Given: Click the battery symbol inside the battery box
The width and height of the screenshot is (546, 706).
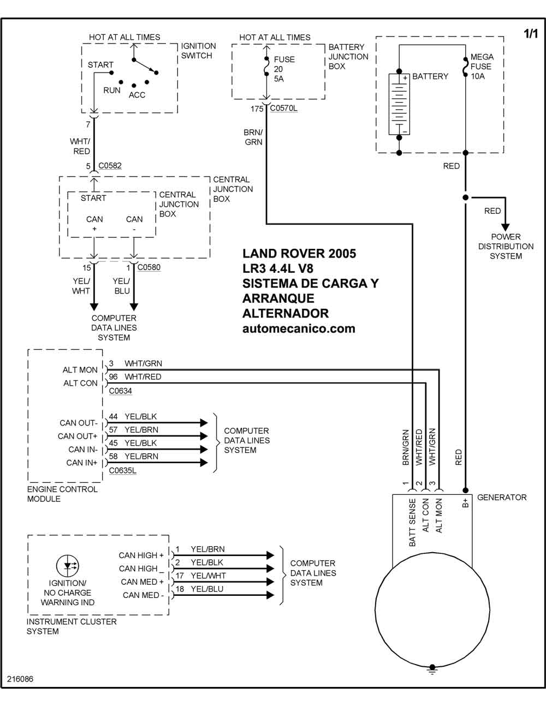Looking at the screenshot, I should click(x=399, y=104).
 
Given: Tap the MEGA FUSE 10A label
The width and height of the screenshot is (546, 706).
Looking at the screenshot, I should click(x=482, y=67).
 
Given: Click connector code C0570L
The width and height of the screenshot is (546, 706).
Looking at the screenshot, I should click(x=283, y=108).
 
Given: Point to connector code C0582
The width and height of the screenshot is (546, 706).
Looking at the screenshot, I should click(x=110, y=165).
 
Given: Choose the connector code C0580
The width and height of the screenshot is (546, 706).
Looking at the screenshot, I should click(x=149, y=267).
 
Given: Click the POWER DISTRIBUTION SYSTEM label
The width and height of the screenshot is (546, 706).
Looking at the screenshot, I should click(x=506, y=246).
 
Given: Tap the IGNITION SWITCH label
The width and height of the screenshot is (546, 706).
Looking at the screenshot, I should click(x=198, y=51).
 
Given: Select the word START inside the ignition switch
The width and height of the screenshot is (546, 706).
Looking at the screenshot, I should click(x=100, y=64).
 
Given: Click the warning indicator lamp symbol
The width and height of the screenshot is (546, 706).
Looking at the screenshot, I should click(x=68, y=565).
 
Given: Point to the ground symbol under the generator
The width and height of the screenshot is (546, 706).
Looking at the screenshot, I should click(x=432, y=669).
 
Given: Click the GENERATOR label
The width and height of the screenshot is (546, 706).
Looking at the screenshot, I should click(x=502, y=497).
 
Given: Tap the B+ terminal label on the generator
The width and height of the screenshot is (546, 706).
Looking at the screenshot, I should click(x=465, y=502).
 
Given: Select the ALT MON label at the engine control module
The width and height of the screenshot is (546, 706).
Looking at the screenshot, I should click(x=80, y=370).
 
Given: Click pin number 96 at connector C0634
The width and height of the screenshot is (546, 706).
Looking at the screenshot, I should click(x=113, y=376).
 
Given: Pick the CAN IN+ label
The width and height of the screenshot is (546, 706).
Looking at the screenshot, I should click(x=82, y=463).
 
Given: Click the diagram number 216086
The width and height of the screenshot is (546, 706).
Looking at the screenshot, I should click(x=20, y=679).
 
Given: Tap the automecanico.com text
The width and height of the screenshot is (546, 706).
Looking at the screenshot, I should click(x=299, y=328).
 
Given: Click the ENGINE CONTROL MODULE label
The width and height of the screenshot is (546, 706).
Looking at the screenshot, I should click(x=62, y=494).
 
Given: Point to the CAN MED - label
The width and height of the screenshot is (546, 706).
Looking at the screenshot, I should click(x=143, y=595).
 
